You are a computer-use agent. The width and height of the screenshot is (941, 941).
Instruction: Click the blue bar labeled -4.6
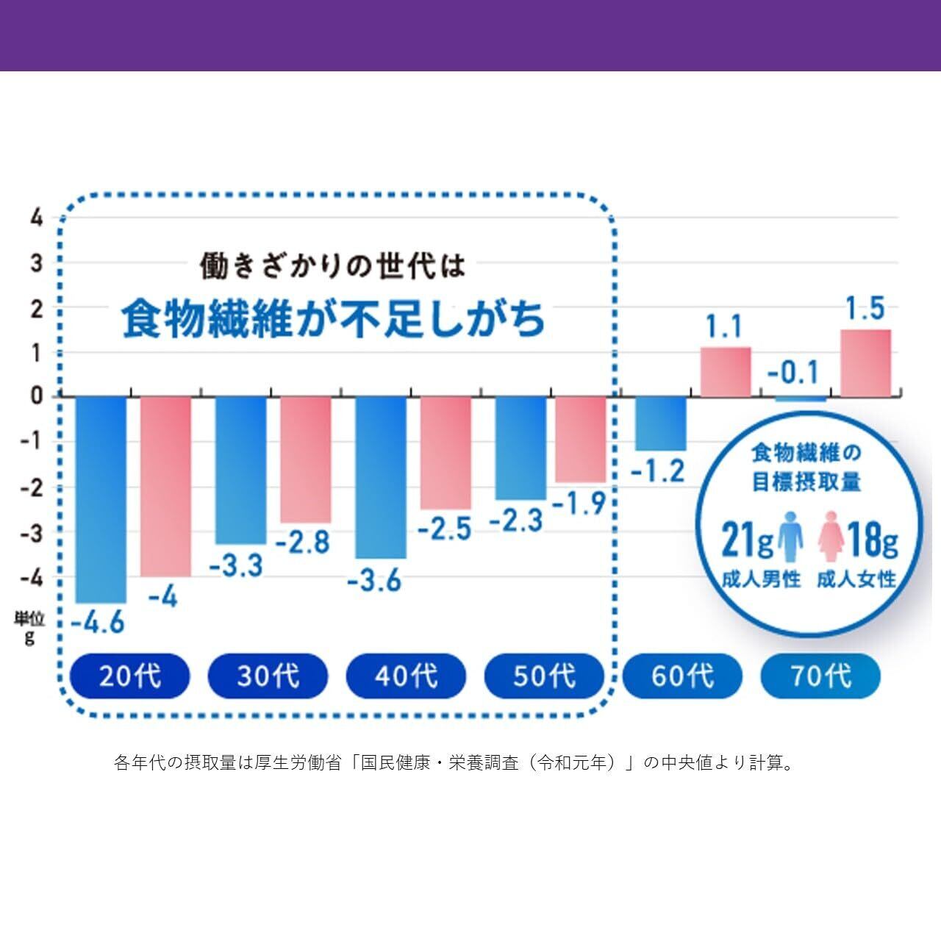(101, 499)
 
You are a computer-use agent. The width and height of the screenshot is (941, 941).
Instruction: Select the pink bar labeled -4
(165, 486)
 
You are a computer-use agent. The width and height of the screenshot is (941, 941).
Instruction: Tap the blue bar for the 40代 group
(381, 477)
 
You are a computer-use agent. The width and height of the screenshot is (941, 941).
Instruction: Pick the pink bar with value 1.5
(865, 363)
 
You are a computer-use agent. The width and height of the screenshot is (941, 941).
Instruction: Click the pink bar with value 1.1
(726, 372)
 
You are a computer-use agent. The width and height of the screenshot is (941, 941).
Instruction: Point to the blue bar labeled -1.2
(661, 423)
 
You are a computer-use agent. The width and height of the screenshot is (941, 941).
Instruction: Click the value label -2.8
(302, 543)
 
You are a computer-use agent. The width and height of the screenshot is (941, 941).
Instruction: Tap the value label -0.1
(793, 373)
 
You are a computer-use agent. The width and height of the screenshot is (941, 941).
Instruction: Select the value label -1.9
(579, 504)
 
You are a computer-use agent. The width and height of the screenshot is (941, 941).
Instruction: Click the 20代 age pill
(130, 676)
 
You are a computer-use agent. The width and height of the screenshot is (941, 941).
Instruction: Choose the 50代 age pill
(544, 676)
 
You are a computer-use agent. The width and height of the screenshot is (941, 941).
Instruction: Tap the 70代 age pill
(820, 676)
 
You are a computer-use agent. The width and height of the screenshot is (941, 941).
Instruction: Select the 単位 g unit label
(29, 628)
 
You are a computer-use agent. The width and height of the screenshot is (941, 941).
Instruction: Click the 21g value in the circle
(747, 540)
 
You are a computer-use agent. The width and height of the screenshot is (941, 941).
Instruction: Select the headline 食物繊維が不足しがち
(334, 318)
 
